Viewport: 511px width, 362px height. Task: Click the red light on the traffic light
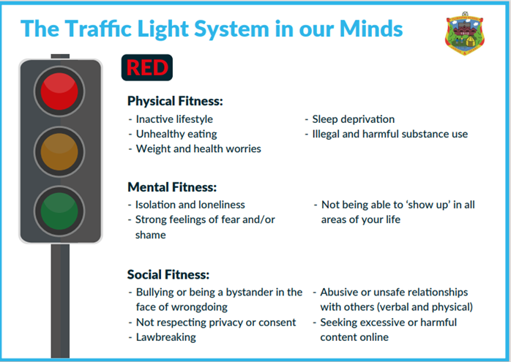[59, 91]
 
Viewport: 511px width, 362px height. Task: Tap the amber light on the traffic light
[59, 151]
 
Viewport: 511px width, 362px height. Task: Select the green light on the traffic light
[59, 211]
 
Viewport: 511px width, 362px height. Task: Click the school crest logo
[465, 34]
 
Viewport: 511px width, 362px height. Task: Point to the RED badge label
[147, 67]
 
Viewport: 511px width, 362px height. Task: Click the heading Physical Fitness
[175, 101]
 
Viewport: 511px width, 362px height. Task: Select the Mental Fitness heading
[172, 187]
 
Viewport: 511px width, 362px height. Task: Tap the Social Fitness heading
[168, 274]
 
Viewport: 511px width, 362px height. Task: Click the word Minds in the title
[371, 29]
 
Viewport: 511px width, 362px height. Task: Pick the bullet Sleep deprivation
[354, 119]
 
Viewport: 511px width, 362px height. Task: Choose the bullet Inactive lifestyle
[174, 119]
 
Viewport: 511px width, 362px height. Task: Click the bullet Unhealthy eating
[176, 134]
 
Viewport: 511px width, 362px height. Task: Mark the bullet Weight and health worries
[198, 148]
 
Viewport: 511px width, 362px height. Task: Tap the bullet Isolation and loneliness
[190, 205]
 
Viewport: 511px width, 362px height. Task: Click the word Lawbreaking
[166, 337]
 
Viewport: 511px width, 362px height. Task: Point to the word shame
[151, 235]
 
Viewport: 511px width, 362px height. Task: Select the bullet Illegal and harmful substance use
[390, 134]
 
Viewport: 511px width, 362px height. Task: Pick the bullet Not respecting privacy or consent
[216, 323]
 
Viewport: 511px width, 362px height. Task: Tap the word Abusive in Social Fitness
[339, 293]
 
